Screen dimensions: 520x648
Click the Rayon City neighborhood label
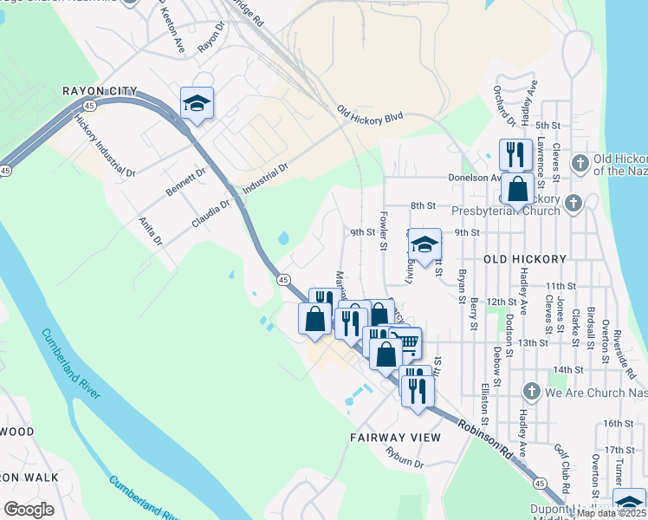point(99,91)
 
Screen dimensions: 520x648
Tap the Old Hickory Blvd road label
point(371,114)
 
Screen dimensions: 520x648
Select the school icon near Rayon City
point(198,104)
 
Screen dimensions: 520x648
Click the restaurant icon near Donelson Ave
point(515,154)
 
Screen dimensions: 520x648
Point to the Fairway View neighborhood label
point(395,438)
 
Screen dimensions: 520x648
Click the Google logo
point(29,510)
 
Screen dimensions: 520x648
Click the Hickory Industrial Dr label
point(107,147)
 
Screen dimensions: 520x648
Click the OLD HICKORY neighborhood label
point(525,259)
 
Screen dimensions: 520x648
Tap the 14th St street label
point(568,369)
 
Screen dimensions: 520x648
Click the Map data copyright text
point(612,513)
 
